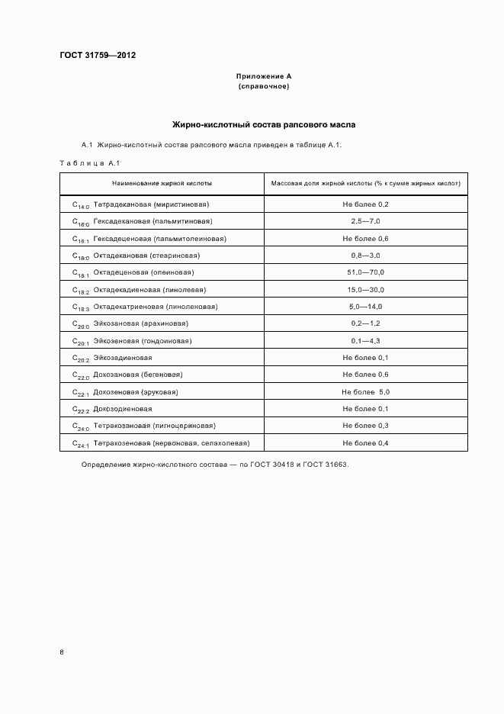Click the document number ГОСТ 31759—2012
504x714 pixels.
pos(98,55)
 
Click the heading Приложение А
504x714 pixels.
pos(264,76)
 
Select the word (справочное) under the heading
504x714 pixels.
pos(264,86)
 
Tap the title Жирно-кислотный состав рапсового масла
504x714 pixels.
pos(264,124)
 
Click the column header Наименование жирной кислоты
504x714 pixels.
pos(162,184)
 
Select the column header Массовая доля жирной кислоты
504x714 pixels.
pos(365,184)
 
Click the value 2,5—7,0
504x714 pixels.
pos(365,221)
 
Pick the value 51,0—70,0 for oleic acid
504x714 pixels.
pos(365,272)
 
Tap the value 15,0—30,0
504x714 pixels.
pos(365,290)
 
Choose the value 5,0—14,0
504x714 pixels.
pos(365,307)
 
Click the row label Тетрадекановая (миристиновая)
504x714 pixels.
pos(151,204)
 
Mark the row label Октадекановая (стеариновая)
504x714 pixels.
pos(147,256)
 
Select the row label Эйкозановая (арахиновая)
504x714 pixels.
pos(143,323)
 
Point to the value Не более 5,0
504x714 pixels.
pos(365,392)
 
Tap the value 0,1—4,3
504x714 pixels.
pos(365,341)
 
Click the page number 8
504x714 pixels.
pos(62,652)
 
